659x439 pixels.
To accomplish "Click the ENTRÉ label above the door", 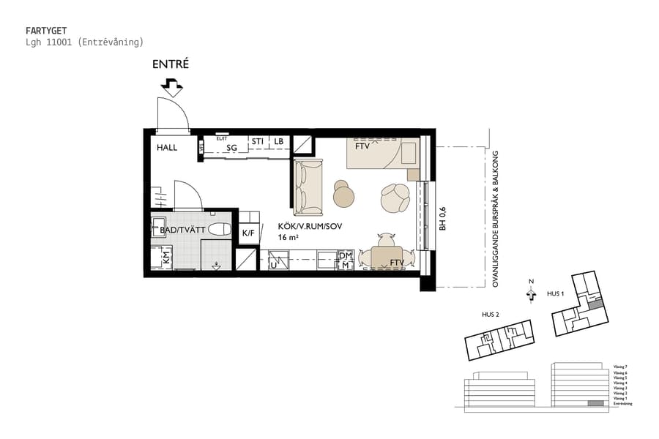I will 171,64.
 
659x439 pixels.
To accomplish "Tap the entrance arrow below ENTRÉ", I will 172,88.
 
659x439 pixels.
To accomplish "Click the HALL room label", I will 167,148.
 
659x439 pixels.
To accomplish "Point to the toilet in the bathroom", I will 219,230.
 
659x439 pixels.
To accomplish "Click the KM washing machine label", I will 166,257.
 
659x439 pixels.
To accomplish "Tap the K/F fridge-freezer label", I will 247,233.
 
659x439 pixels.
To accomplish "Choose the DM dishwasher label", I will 345,255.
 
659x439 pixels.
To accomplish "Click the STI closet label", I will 258,141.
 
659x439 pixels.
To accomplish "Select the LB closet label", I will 279,141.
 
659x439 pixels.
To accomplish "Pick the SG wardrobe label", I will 232,148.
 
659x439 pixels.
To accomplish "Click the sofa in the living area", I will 308,186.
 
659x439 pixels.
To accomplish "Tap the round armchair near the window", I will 395,197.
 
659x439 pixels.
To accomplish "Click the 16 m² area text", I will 288,238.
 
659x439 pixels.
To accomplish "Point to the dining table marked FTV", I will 386,258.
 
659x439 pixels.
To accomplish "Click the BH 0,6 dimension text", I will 442,219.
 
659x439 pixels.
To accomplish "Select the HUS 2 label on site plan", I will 490,315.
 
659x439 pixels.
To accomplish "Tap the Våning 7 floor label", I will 620,366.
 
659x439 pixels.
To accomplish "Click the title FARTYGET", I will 46,31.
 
